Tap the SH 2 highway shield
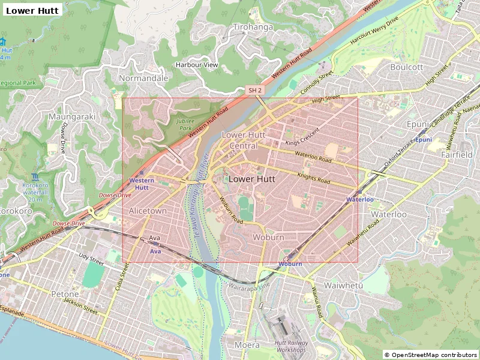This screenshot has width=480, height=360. click(x=255, y=90)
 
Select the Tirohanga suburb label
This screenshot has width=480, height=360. click(x=253, y=27)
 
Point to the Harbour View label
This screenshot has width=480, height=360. click(x=197, y=65)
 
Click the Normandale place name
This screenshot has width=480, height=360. click(x=143, y=78)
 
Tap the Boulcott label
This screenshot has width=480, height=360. click(x=406, y=67)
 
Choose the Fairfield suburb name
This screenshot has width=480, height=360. click(x=457, y=154)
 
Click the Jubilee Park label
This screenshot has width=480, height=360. click(x=184, y=124)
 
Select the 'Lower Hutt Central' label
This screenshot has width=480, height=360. click(x=243, y=140)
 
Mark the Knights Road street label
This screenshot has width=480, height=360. click(x=314, y=178)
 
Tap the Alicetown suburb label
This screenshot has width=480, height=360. click(x=148, y=211)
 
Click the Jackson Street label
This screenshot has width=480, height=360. click(x=82, y=307)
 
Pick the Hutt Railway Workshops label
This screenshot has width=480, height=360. click(x=291, y=346)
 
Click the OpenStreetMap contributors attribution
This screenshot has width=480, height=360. click(x=431, y=355)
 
